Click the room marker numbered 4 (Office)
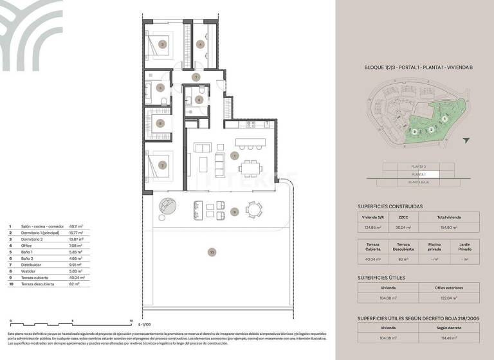click(x=201, y=44)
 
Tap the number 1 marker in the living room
click(x=235, y=156)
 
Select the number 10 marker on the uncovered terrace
click(x=212, y=253)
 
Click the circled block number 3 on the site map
click(x=415, y=130)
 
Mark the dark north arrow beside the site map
click(x=466, y=139)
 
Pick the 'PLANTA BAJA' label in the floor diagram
click(x=418, y=183)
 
